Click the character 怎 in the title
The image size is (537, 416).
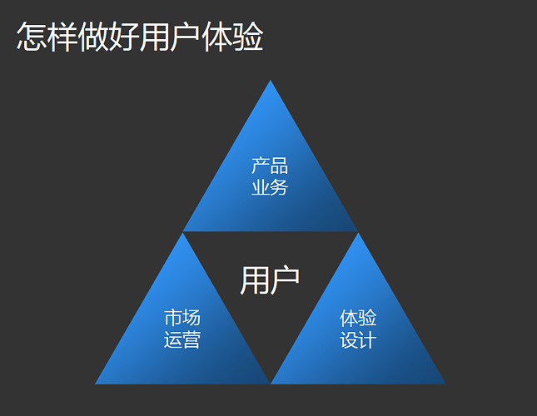(x=32, y=37)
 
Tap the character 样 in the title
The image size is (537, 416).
(x=62, y=37)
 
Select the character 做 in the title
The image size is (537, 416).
(x=93, y=37)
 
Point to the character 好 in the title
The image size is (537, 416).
(x=124, y=37)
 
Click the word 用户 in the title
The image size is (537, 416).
(x=170, y=37)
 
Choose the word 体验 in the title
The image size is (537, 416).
(x=232, y=37)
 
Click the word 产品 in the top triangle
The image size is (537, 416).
(x=270, y=166)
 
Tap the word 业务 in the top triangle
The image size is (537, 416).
(x=270, y=187)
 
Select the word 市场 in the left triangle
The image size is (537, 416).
(x=181, y=318)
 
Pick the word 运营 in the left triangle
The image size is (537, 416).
(x=181, y=339)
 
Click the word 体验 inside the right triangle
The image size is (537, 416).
(x=358, y=318)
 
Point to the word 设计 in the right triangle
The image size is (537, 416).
(x=358, y=339)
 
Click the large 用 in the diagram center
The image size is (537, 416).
(x=254, y=281)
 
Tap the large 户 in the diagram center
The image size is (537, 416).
(x=286, y=281)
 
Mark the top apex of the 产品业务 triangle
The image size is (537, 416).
(x=270, y=82)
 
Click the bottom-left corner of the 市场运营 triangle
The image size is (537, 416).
(x=97, y=384)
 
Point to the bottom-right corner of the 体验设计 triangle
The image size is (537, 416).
(x=445, y=384)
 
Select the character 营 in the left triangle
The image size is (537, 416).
(x=191, y=339)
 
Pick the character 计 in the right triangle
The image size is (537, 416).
(x=368, y=339)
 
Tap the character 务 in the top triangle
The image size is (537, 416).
(x=280, y=187)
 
